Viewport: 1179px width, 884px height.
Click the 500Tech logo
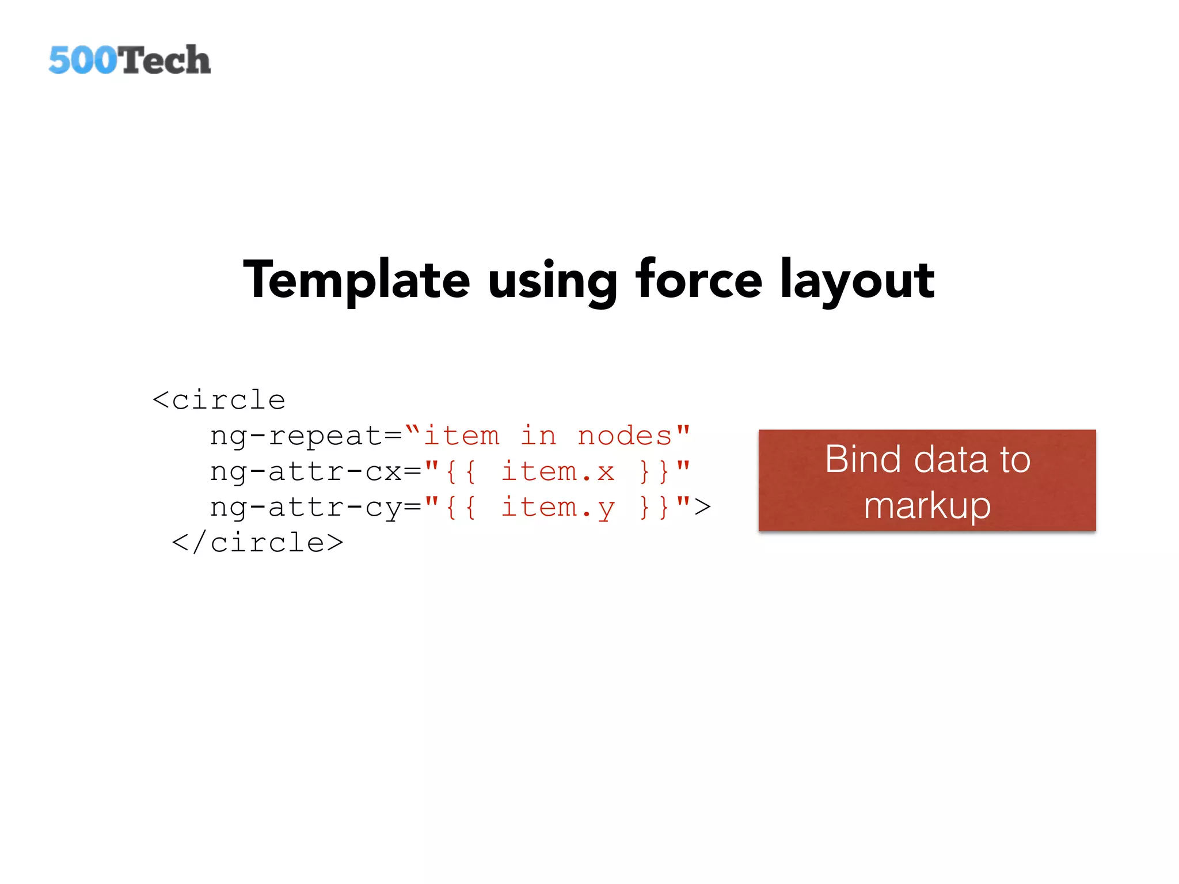coord(130,60)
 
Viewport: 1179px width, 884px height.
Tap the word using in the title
coord(553,282)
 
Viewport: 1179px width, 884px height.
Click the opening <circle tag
coord(219,400)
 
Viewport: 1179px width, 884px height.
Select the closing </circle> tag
coord(258,543)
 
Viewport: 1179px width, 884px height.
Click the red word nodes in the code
coord(625,436)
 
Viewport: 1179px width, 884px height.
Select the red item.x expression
coord(557,472)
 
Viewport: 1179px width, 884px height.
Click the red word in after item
coord(538,436)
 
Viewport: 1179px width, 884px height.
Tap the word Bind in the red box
coord(862,459)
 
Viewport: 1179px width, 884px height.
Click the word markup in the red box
coord(927,506)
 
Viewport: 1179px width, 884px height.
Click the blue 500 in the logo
coord(82,60)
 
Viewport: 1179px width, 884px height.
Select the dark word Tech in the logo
coord(165,60)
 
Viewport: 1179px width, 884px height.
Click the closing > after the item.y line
coord(702,507)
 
